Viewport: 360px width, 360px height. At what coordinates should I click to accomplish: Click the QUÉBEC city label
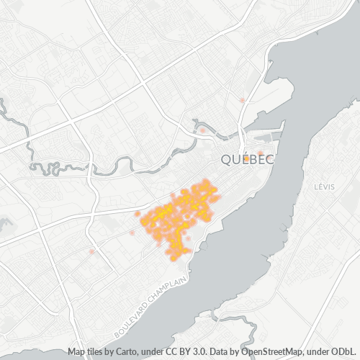tap(246, 159)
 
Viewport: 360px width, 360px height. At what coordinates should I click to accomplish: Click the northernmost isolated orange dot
tap(243, 99)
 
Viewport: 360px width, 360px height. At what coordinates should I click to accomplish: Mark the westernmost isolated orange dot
tap(91, 251)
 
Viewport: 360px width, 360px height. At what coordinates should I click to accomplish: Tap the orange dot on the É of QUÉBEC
tap(237, 153)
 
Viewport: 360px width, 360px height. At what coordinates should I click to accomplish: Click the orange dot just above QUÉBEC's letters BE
tap(261, 152)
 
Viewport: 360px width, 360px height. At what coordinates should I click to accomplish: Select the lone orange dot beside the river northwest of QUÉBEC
tap(203, 130)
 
